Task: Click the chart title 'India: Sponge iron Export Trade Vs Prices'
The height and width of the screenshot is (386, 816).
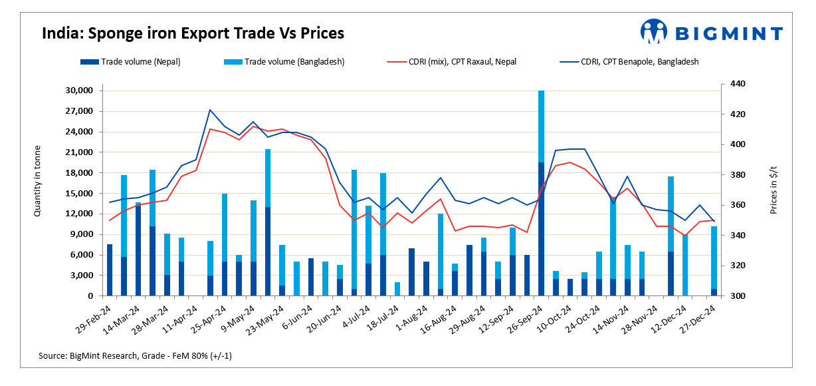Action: (x=193, y=33)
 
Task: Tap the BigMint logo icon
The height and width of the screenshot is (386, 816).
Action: (x=653, y=31)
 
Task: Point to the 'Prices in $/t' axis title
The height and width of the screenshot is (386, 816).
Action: (x=773, y=190)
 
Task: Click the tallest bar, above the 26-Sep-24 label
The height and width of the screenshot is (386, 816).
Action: (x=541, y=193)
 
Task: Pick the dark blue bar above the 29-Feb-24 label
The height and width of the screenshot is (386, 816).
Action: (x=110, y=270)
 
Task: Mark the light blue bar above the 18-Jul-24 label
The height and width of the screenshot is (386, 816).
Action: (x=397, y=289)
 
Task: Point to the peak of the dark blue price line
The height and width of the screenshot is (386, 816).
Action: (x=210, y=110)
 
